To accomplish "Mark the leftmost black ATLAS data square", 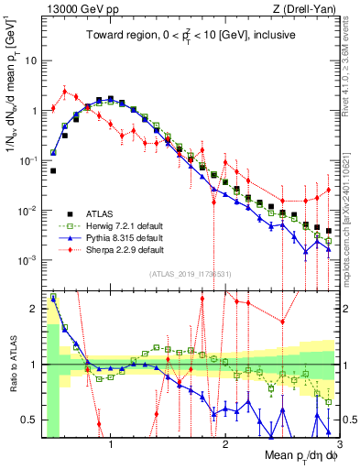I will coord(54,170).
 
